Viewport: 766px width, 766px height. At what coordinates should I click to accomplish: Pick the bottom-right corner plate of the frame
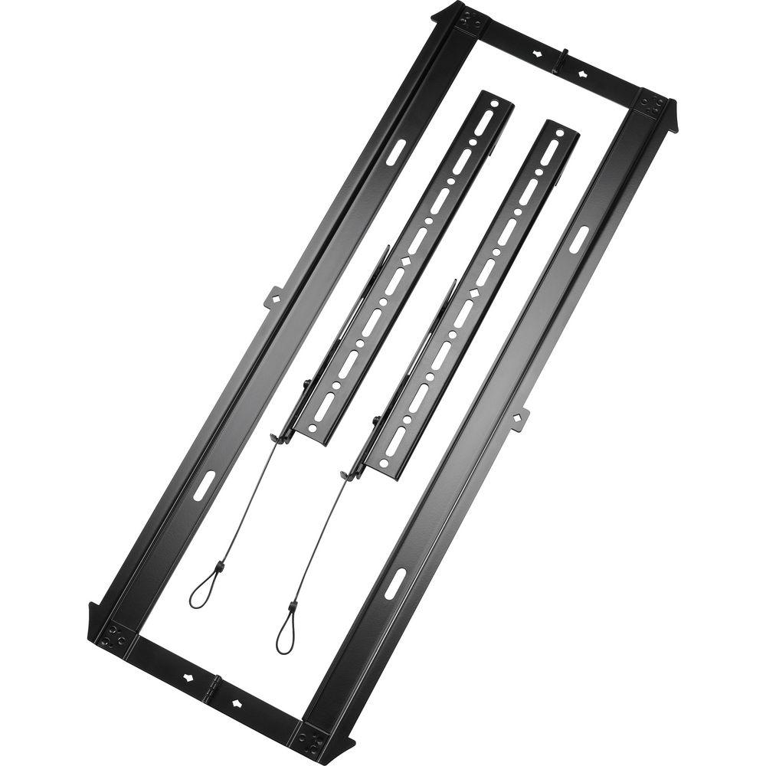[x=313, y=740]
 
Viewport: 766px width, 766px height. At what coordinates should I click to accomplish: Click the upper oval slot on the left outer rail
[x=396, y=151]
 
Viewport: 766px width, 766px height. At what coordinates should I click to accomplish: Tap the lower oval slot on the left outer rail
[x=205, y=486]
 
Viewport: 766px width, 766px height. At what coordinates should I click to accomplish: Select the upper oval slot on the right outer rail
[x=580, y=237]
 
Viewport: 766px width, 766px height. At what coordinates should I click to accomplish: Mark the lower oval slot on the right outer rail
[x=394, y=584]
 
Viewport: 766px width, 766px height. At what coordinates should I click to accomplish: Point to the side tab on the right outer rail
[x=520, y=417]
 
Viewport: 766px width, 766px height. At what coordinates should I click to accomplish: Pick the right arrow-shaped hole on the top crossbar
[x=583, y=74]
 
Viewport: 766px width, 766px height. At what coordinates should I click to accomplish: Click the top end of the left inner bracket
[x=496, y=99]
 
